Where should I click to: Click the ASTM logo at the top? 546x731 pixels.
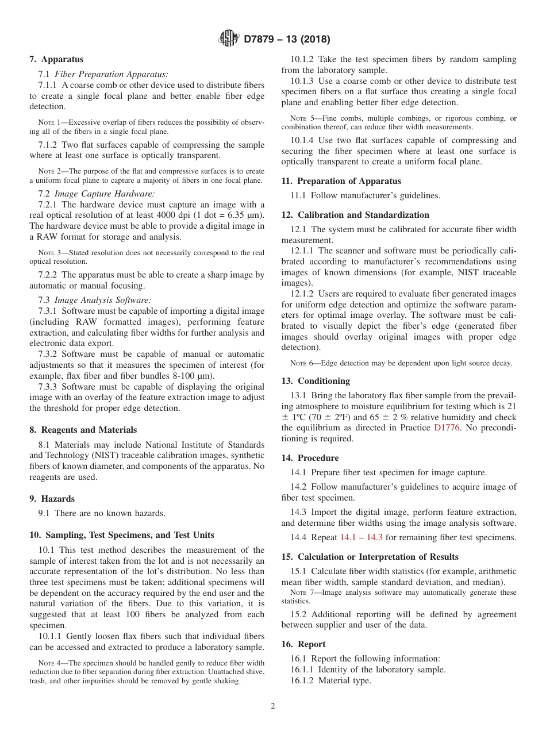(x=229, y=40)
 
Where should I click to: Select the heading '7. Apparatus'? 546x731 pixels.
(x=56, y=59)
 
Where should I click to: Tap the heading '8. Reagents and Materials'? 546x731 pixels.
(x=83, y=430)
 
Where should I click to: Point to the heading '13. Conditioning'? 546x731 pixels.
(x=316, y=381)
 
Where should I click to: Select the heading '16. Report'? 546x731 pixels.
(x=303, y=644)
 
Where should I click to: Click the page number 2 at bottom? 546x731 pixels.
(x=273, y=706)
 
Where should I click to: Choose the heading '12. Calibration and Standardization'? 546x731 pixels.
(x=355, y=215)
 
